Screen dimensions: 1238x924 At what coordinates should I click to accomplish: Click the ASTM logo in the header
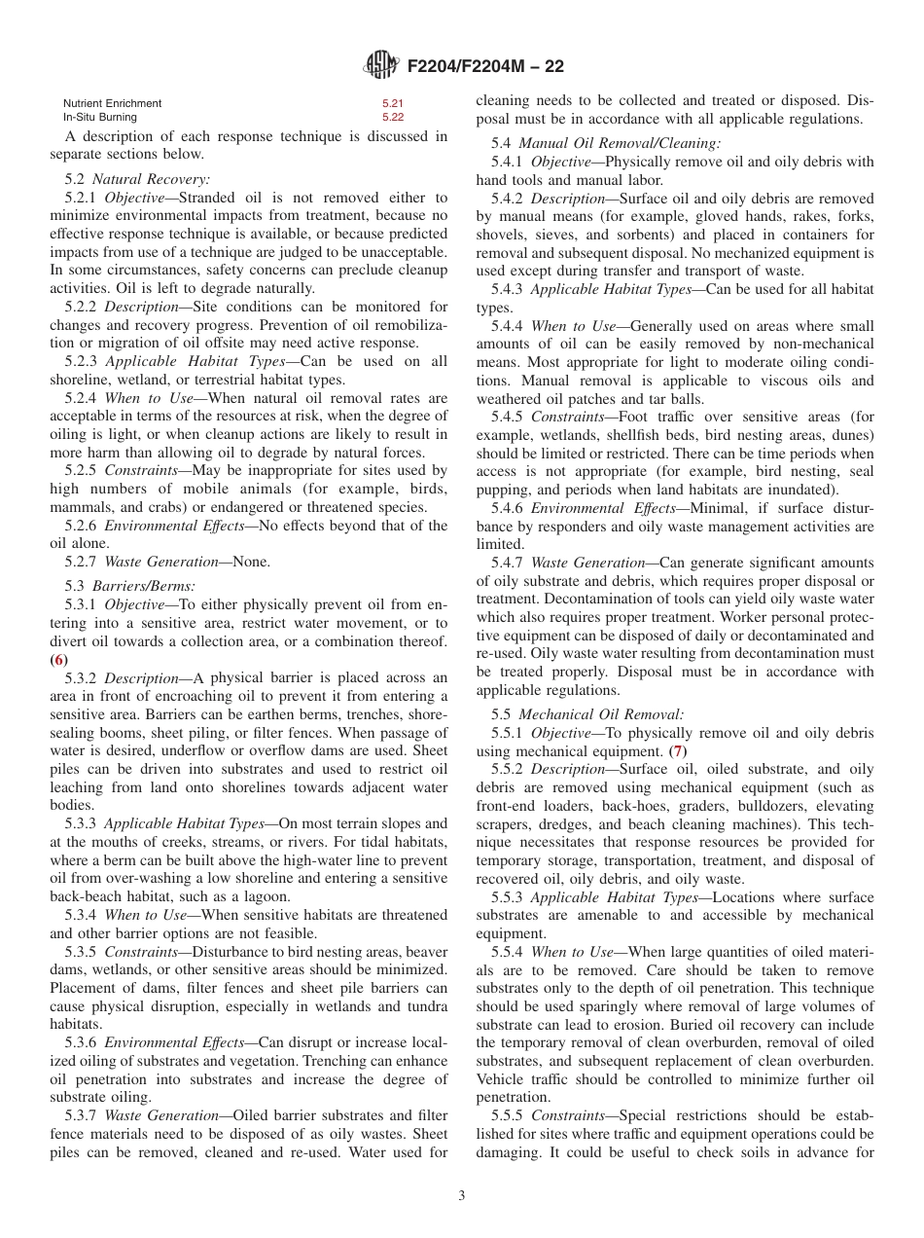(x=380, y=65)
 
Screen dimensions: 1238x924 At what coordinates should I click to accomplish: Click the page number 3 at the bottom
(x=461, y=1196)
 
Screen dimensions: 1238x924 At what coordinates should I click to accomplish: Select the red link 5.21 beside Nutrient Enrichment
(x=392, y=103)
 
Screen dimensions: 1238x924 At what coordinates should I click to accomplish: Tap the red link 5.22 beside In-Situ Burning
(x=392, y=117)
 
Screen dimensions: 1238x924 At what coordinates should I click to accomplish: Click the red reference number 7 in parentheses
(x=678, y=751)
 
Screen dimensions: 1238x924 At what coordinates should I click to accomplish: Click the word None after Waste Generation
(x=252, y=562)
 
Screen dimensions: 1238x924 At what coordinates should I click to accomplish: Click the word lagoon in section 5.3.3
(x=264, y=896)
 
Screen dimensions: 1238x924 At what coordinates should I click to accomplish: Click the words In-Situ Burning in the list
(x=100, y=117)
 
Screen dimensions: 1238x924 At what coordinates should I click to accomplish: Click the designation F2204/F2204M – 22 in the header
(x=485, y=66)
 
